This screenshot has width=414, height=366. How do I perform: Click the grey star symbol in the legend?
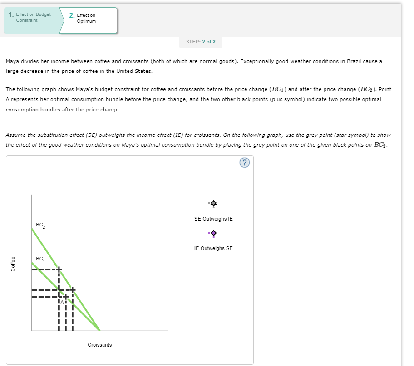click(213, 204)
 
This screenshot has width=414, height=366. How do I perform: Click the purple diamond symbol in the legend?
click(213, 233)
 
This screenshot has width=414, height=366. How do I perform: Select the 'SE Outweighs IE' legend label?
click(213, 219)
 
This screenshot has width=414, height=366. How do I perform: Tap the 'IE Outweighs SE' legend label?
click(213, 248)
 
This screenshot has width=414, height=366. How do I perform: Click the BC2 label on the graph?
click(40, 226)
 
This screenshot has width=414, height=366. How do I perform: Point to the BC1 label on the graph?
click(40, 260)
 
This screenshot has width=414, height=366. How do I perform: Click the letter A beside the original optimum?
click(62, 302)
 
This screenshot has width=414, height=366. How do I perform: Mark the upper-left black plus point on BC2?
click(59, 270)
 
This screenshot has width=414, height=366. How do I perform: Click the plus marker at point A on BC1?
click(66, 297)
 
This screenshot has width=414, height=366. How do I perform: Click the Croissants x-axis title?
click(100, 345)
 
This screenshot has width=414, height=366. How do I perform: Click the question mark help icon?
click(244, 163)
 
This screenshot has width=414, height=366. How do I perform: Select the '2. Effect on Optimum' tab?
click(86, 18)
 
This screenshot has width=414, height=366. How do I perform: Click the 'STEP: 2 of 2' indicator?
click(201, 42)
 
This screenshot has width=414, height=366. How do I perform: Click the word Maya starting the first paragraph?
click(12, 61)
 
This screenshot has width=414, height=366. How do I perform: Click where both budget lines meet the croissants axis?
click(100, 330)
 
